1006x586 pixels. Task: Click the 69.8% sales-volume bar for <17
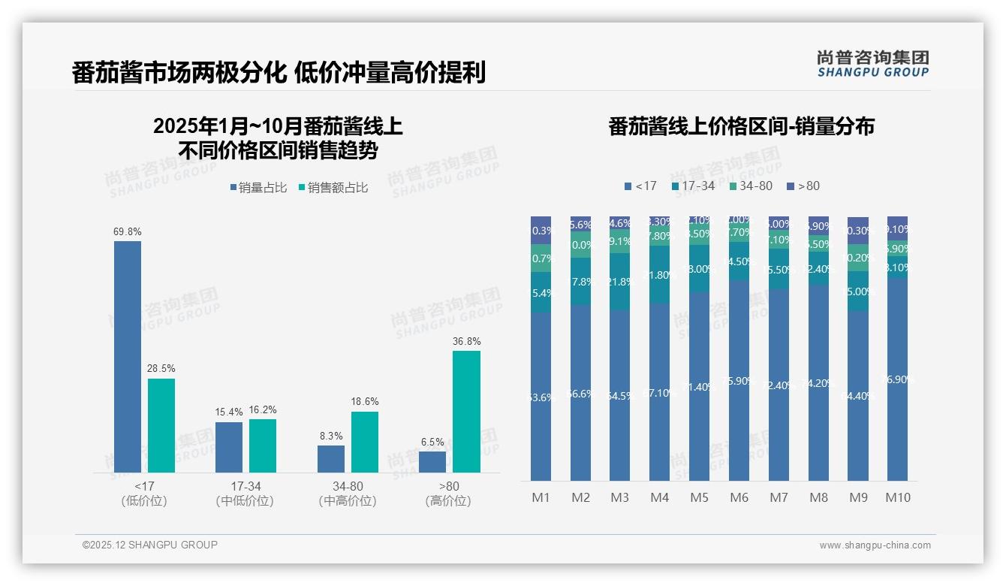pos(128,357)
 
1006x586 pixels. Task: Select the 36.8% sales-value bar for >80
pos(466,412)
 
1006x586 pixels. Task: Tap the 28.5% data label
pos(161,369)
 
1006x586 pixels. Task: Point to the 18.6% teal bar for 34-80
pos(365,443)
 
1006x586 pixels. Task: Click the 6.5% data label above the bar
pos(432,442)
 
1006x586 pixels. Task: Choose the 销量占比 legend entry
pos(258,188)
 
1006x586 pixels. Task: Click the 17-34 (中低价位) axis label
pos(244,494)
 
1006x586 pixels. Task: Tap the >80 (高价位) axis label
pos(448,494)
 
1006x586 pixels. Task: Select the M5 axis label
pos(699,497)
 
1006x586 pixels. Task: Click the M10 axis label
pos(897,497)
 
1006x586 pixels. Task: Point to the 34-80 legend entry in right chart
pos(750,186)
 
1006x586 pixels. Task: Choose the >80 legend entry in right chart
pos(803,186)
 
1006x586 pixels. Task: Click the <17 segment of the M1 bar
pos(541,396)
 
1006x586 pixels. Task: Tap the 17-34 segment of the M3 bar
pos(619,282)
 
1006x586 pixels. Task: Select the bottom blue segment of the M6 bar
pos(739,380)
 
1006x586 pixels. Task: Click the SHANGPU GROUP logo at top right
pos(872,64)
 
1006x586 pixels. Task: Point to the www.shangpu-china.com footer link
pos(875,545)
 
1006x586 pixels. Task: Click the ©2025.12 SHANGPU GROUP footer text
pos(150,545)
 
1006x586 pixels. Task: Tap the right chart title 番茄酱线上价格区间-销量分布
pos(741,126)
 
